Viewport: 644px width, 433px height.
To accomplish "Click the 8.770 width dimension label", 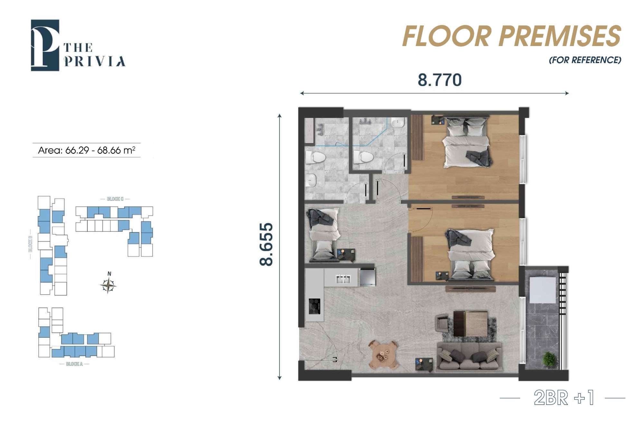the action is coord(440,80).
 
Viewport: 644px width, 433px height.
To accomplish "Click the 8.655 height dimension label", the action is coord(266,244).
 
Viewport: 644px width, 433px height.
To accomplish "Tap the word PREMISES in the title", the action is coord(560,36).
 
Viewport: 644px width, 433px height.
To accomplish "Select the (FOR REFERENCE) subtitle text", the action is coord(585,60).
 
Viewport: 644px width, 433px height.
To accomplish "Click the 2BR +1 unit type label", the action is coord(563,398).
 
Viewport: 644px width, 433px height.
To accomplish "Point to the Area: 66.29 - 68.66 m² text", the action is coord(87,150).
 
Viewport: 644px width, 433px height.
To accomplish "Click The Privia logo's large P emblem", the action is coord(45,45).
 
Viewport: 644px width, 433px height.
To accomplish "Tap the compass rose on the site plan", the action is coord(109,285).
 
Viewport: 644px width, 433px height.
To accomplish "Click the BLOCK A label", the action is coord(74,364).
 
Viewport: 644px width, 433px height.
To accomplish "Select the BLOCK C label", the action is coord(115,199).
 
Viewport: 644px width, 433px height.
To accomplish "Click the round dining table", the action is coord(383,355).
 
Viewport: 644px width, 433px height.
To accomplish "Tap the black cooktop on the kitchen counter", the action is coord(315,306).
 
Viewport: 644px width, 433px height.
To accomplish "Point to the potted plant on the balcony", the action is coord(549,359).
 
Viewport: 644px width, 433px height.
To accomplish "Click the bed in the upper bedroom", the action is coord(468,142).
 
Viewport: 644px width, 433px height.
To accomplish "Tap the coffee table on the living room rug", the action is coord(470,324).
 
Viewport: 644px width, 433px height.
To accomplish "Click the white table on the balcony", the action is coord(543,289).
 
